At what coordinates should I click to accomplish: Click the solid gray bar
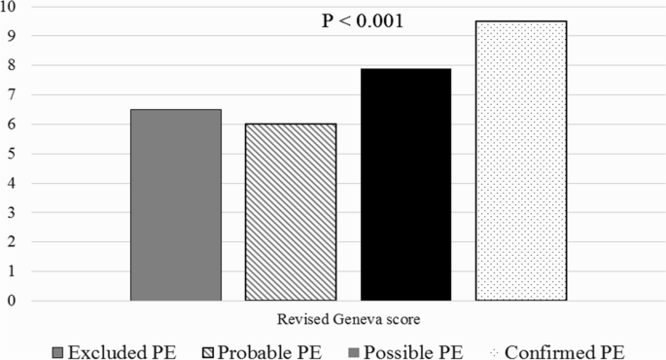pyautogui.click(x=175, y=204)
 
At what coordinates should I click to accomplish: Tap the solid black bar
pyautogui.click(x=405, y=184)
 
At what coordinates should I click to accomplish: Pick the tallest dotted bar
pyautogui.click(x=520, y=161)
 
